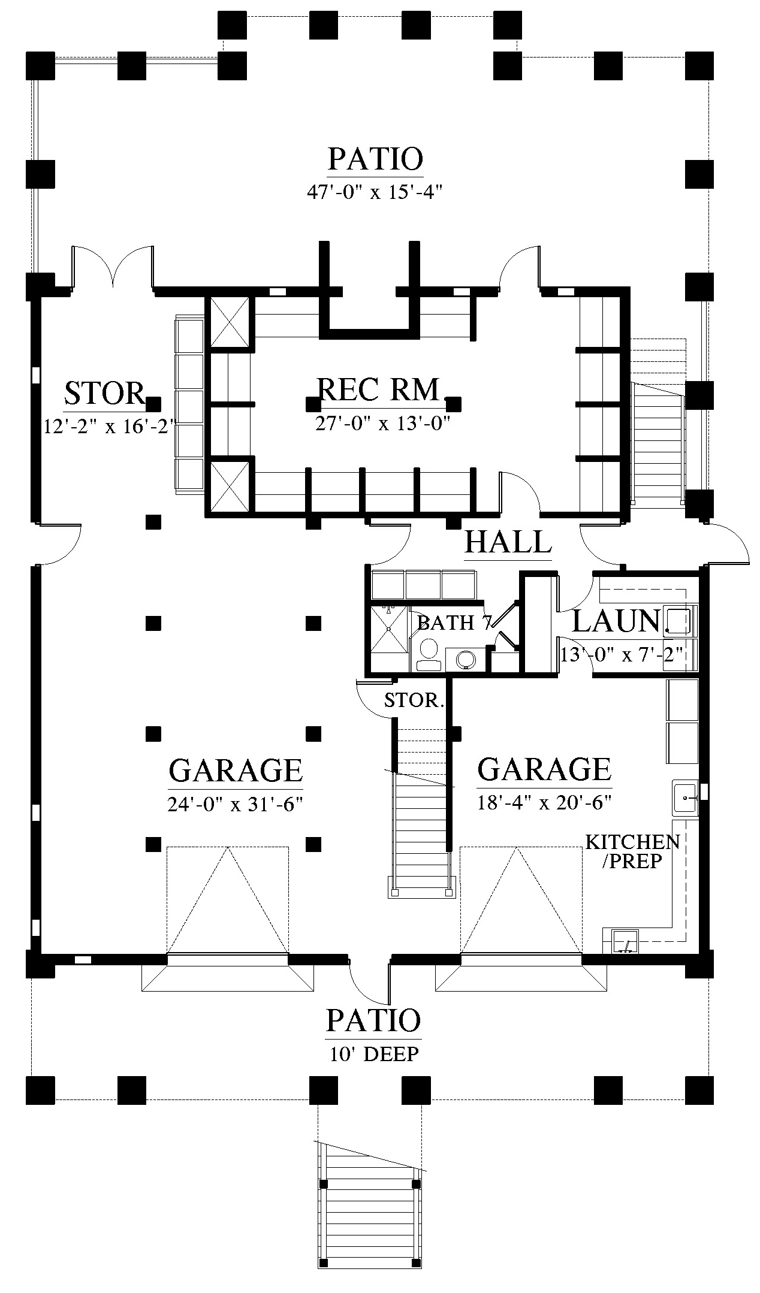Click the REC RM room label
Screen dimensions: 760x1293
(379, 389)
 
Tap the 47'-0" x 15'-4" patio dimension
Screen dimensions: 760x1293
(375, 192)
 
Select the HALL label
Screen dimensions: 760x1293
(508, 542)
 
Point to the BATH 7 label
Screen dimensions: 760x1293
(455, 623)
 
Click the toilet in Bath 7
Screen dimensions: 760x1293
(428, 654)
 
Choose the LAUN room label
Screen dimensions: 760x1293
(616, 621)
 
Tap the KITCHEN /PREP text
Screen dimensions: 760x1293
(632, 851)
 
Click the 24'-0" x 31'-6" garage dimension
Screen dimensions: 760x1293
(234, 804)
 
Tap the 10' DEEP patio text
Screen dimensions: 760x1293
(373, 1054)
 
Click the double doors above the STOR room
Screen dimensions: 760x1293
(113, 267)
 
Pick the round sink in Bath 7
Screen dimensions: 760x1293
(466, 659)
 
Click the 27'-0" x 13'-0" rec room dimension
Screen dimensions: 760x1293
(382, 424)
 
